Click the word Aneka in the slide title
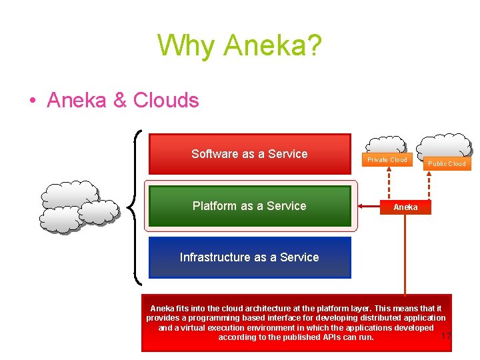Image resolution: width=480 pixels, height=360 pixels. [273, 46]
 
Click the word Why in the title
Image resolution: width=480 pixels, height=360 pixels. [187, 46]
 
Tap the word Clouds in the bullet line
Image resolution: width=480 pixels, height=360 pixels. [166, 101]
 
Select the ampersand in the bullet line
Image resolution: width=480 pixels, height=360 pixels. [120, 101]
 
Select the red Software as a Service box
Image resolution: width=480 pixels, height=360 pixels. [249, 154]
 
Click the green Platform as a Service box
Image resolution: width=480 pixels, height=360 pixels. [249, 206]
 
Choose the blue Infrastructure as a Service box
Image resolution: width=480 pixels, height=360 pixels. [249, 257]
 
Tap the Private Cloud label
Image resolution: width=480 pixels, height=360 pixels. [387, 160]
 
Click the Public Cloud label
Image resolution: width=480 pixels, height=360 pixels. [447, 163]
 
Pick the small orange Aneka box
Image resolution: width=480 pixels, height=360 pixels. [405, 207]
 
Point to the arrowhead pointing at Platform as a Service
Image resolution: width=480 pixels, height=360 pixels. [361, 207]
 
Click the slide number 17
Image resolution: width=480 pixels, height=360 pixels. [446, 335]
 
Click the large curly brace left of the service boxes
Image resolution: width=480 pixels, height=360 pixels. [135, 206]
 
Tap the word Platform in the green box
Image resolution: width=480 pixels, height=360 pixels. [214, 206]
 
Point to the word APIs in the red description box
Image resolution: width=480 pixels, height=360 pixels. [329, 337]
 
